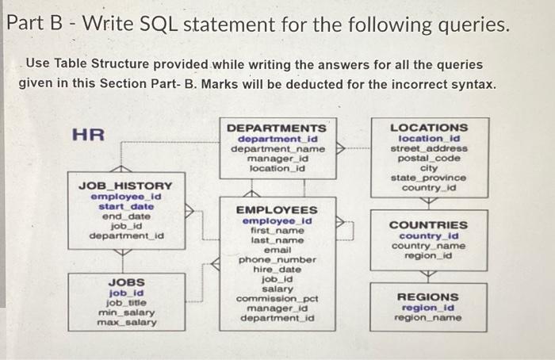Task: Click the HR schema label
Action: click(88, 134)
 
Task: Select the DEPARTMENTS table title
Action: click(276, 128)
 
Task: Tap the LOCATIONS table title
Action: click(429, 127)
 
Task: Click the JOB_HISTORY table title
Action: click(126, 185)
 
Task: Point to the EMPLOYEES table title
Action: click(277, 210)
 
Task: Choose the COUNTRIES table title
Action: click(428, 224)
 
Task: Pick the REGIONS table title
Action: click(427, 297)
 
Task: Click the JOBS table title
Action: click(126, 281)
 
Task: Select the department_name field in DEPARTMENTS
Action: click(276, 148)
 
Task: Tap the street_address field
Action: click(429, 147)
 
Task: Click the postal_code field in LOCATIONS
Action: click(429, 158)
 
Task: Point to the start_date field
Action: click(126, 206)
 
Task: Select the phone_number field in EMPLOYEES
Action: click(277, 259)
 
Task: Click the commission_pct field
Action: click(277, 298)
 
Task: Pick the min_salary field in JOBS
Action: click(126, 312)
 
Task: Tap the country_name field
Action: click(428, 246)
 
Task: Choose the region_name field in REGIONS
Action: click(427, 318)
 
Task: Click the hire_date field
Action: click(277, 269)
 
